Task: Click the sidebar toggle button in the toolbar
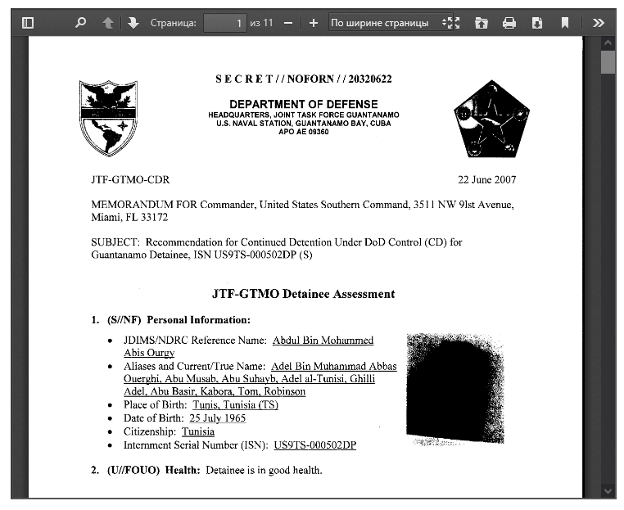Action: tap(28, 23)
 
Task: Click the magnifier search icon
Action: tap(80, 23)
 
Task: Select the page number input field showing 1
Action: tap(225, 23)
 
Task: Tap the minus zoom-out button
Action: tap(287, 23)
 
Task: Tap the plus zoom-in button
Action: tap(313, 23)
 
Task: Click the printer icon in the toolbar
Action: tap(509, 23)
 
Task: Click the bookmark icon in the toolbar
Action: tap(565, 23)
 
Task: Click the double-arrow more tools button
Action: tap(599, 23)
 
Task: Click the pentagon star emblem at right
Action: tap(491, 120)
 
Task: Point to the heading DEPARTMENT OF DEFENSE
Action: tap(304, 104)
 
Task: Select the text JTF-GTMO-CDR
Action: tap(130, 180)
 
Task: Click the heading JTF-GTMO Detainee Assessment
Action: tap(303, 294)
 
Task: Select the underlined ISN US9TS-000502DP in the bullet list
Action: tap(315, 445)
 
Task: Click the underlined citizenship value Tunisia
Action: tap(198, 431)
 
